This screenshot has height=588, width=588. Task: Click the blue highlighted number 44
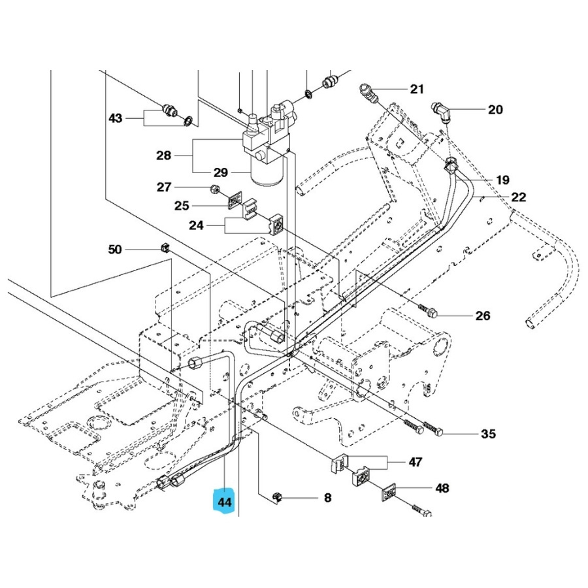225,502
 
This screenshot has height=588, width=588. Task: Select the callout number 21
417,90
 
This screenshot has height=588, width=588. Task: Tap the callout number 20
495,110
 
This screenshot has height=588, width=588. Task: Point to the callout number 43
116,118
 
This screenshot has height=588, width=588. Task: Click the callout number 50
115,249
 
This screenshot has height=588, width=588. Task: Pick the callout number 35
489,433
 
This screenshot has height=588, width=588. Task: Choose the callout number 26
482,316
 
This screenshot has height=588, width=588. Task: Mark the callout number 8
327,498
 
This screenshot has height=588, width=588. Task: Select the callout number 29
220,172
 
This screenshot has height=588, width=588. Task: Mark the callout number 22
519,197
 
